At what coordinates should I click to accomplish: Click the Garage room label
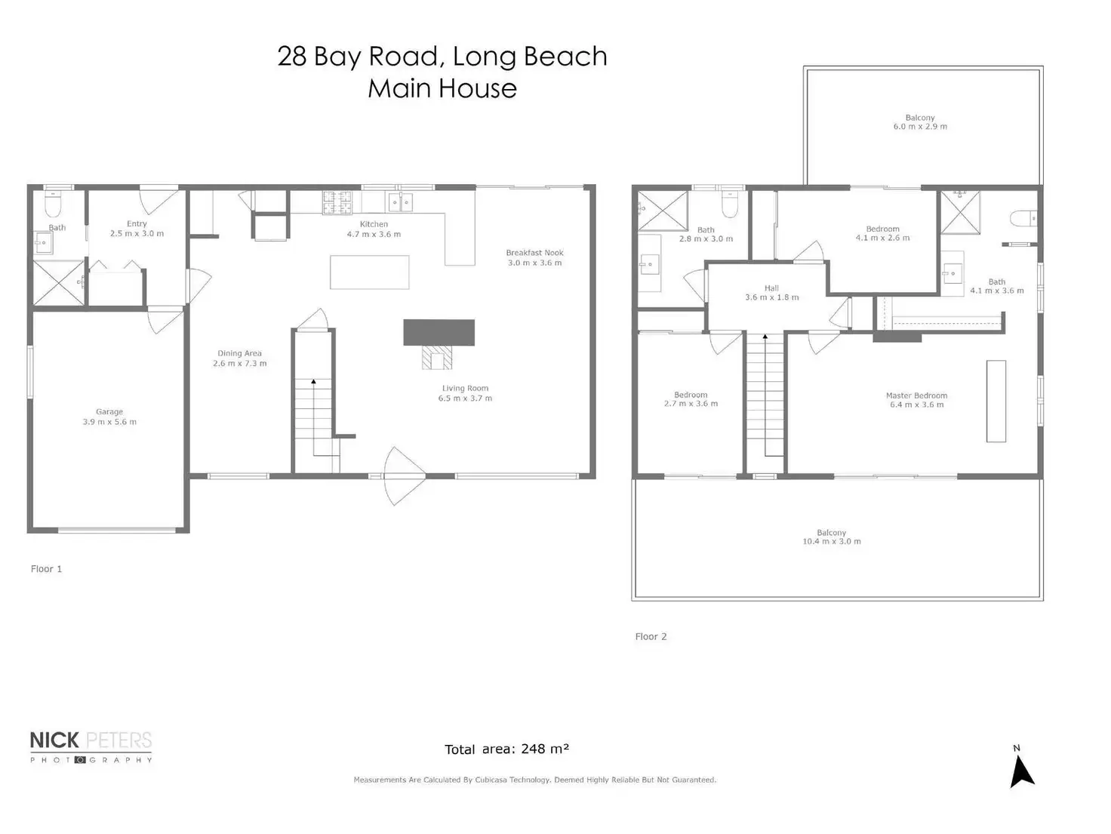(x=109, y=412)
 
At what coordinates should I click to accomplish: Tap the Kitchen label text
(x=374, y=224)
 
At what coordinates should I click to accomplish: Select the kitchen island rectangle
(x=370, y=272)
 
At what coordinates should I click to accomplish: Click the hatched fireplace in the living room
(x=437, y=357)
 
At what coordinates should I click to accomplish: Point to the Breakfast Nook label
(x=534, y=253)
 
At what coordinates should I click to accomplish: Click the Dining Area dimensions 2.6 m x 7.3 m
(x=239, y=363)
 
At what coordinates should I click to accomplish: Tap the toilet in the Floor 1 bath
(x=53, y=204)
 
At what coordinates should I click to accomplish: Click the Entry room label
(x=137, y=223)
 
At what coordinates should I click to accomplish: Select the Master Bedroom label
(x=916, y=395)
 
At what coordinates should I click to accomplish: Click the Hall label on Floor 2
(x=771, y=288)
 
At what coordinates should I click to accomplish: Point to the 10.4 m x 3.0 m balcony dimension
(x=831, y=541)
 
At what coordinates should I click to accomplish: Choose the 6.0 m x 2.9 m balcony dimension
(x=920, y=127)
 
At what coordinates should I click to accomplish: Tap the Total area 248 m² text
(x=506, y=749)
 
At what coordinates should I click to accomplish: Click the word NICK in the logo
(x=54, y=740)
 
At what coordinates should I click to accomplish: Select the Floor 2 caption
(x=651, y=637)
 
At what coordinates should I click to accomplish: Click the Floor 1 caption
(x=46, y=569)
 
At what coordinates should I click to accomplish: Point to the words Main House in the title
(x=442, y=88)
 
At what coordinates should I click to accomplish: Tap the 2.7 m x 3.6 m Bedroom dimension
(x=691, y=404)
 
